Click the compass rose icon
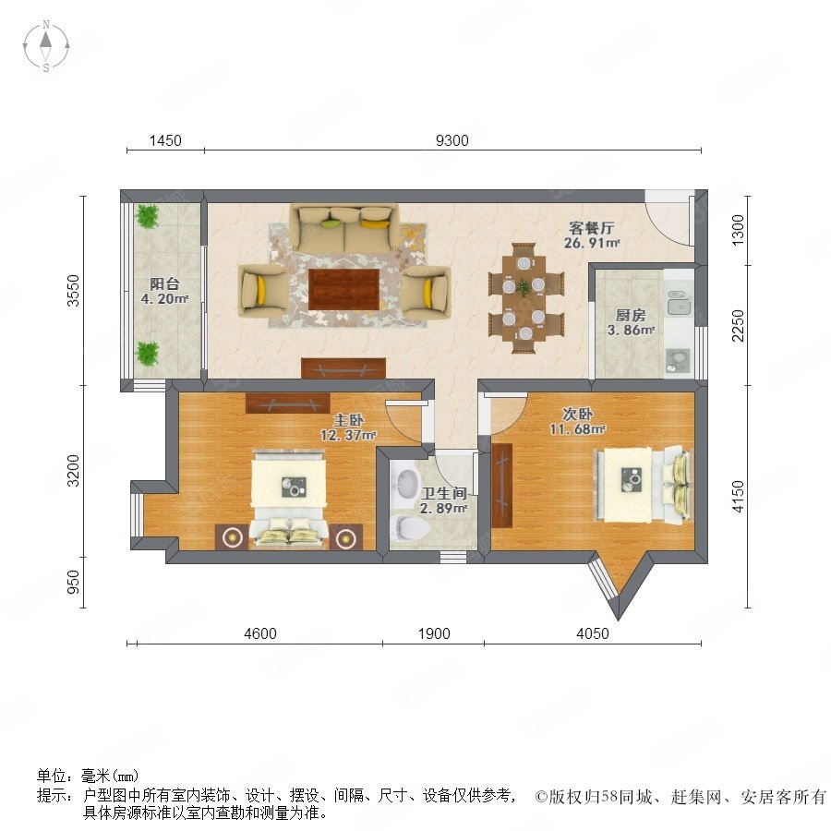46,46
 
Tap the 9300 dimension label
452,140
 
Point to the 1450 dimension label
165,140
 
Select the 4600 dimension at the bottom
260,633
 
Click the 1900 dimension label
434,633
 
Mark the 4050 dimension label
593,633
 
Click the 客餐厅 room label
592,228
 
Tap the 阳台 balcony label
164,283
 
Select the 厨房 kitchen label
630,316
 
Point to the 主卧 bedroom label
348,420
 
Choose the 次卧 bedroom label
577,414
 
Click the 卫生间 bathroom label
443,493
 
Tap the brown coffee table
344,289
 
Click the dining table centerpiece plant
524,287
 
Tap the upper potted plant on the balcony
147,216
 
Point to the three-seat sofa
344,229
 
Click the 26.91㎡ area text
592,243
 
